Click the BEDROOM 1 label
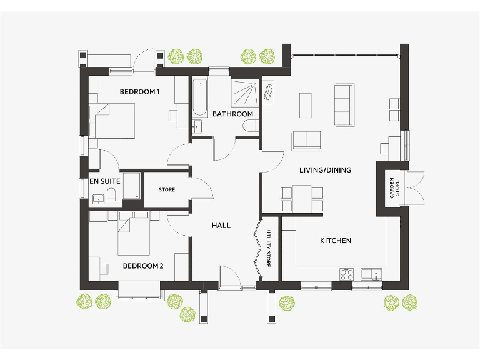(x=139, y=92)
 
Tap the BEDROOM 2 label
(x=142, y=266)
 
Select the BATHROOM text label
(x=232, y=114)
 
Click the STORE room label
(x=167, y=189)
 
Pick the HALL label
(x=221, y=226)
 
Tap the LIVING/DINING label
(x=325, y=169)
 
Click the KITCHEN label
(x=336, y=241)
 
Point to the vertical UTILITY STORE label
(x=268, y=249)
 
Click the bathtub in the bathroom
(x=199, y=97)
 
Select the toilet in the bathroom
(x=249, y=127)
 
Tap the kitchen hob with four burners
(x=347, y=274)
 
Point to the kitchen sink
(x=369, y=274)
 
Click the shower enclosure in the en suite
(x=131, y=186)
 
